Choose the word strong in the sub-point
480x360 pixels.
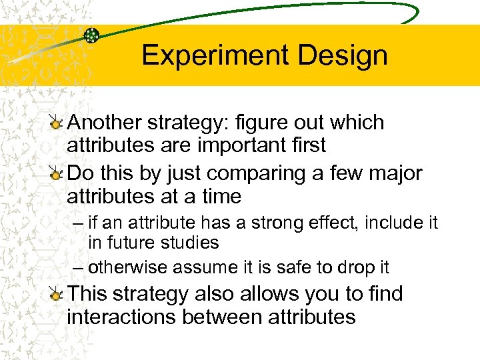pos(263,223)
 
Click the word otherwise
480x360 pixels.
pos(128,267)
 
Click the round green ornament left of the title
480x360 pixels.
pos(91,35)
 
